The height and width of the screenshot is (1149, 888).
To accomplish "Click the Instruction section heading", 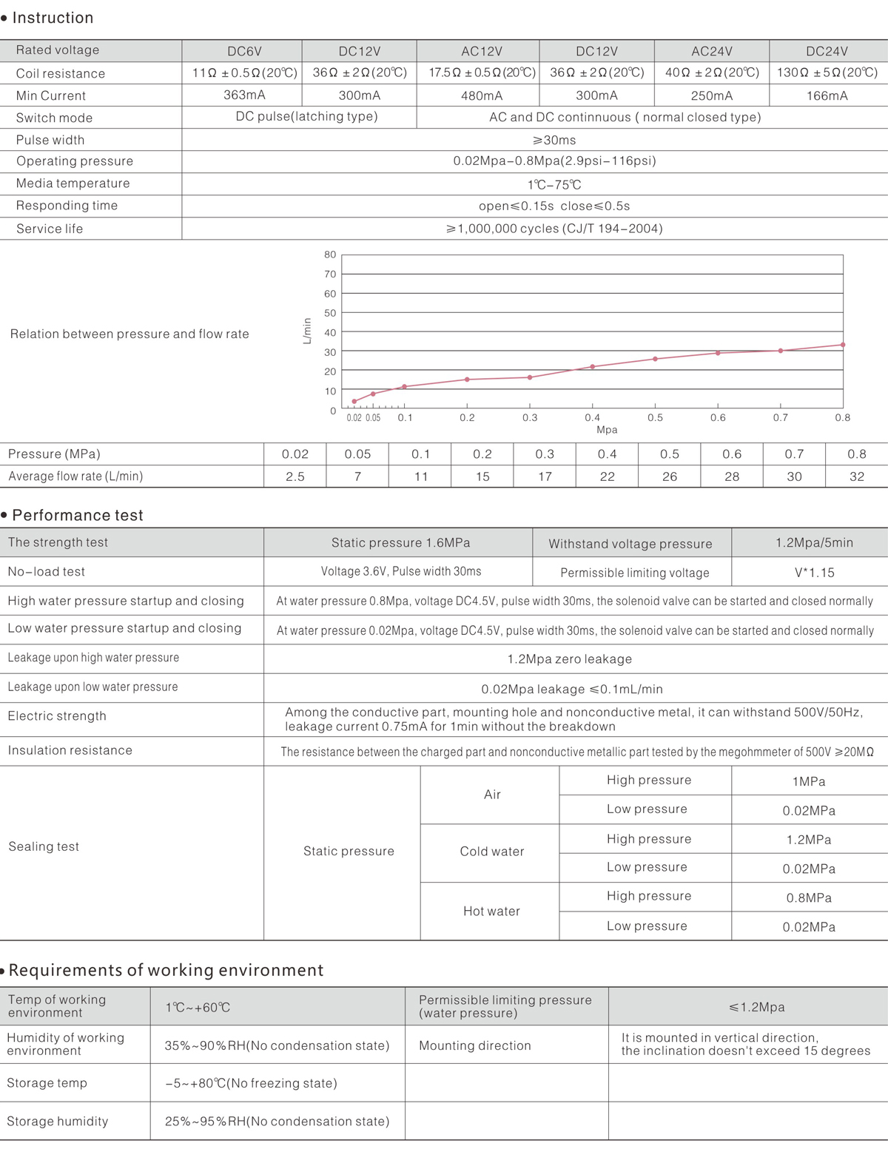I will point(53,18).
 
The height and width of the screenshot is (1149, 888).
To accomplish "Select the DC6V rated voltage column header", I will point(244,51).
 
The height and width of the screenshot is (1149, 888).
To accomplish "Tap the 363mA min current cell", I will point(244,95).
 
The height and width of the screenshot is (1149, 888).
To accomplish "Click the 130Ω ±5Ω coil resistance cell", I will point(827,73).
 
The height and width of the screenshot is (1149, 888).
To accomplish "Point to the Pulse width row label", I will point(50,140).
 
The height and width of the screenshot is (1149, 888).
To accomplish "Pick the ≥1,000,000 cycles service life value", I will point(554,229).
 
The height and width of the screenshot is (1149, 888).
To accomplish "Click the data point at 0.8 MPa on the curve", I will point(843,345).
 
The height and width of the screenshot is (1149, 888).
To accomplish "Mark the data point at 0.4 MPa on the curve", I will point(593,367).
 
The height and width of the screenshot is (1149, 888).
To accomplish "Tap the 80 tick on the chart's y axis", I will point(330,255).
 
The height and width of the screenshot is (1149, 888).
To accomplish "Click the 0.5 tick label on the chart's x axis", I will point(656,417).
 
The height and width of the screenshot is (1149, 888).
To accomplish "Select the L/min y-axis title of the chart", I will point(307,331).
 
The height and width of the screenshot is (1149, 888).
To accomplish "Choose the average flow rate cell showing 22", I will point(608,476).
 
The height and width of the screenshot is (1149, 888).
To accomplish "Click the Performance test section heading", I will point(78,515).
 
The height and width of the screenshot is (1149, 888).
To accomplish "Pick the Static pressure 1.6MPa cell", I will point(400,542).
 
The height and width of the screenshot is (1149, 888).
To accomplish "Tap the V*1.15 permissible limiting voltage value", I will point(814,573).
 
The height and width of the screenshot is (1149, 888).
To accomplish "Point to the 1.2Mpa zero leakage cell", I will point(570,659).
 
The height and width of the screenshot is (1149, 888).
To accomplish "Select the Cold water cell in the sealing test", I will point(492,852).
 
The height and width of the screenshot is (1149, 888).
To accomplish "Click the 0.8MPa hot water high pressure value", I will point(809,897).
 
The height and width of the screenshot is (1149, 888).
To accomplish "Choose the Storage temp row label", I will point(47,1083).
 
